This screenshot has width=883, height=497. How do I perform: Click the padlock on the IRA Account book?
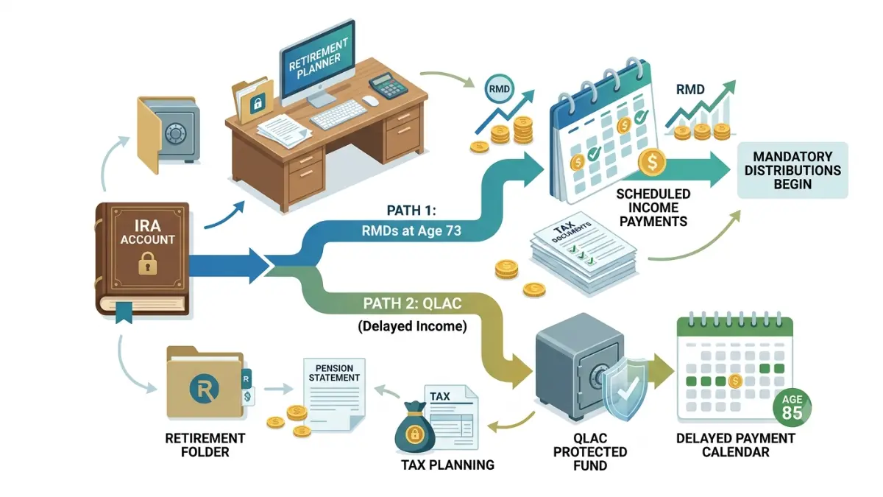coord(148,263)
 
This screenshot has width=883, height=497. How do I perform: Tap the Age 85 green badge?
coord(792,408)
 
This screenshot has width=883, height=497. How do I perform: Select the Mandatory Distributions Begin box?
coord(792,170)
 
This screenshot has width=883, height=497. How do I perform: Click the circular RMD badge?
coord(500,89)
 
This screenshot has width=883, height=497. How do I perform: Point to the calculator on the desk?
coord(389,85)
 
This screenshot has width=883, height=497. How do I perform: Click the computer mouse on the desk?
coord(371,101)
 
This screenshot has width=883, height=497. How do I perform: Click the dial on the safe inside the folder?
coord(174,133)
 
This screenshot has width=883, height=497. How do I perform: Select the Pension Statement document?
coord(334,394)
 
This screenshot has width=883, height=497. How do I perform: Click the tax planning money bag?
coord(414,428)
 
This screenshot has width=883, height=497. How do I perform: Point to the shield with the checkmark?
coord(625,390)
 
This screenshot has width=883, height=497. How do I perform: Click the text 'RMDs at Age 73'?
coord(411,230)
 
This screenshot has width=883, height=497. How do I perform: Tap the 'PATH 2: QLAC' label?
coord(412,303)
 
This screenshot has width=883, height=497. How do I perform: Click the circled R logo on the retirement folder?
coord(205,389)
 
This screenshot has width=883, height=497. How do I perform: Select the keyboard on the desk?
coord(339,114)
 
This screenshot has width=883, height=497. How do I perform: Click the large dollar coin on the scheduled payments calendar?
coord(652,162)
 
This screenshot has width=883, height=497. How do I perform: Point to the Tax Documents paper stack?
coord(584,253)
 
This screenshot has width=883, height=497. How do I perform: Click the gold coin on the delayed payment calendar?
coord(735,381)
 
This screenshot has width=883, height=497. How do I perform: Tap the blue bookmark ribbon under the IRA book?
coord(124,312)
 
